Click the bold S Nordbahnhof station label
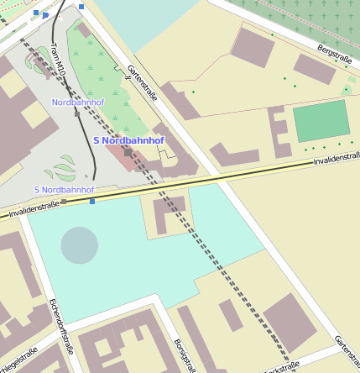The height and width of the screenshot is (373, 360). tap(128, 140)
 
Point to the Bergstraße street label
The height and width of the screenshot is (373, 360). tap(335, 55)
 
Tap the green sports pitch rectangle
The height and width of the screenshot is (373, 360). tap(321, 121)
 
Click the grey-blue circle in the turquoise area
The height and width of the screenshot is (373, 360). tap(80, 244)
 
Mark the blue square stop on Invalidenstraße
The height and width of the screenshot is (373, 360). tap(92, 201)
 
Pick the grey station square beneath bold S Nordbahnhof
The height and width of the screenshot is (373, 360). tap(128, 153)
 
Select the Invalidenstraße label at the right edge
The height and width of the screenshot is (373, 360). tap(335, 154)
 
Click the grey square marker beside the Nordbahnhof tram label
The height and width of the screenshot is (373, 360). tap(77, 114)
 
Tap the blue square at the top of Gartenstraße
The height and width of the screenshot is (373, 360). tap(81, 6)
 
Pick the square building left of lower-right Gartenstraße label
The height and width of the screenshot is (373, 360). tap(290, 323)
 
